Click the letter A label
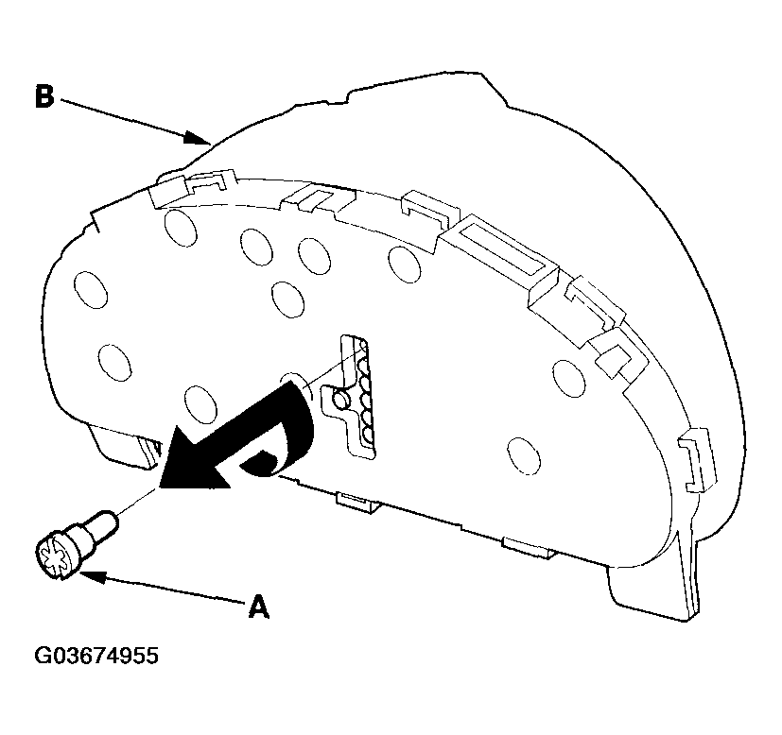tap(258, 606)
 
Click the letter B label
tap(44, 96)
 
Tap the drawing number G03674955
tap(96, 656)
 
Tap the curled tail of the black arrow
tap(279, 443)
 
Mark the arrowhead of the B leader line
tap(196, 137)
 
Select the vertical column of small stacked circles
tap(367, 394)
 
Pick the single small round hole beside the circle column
tap(341, 399)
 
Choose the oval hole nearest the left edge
tap(90, 289)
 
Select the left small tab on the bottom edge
tap(356, 503)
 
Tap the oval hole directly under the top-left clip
tap(181, 228)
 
